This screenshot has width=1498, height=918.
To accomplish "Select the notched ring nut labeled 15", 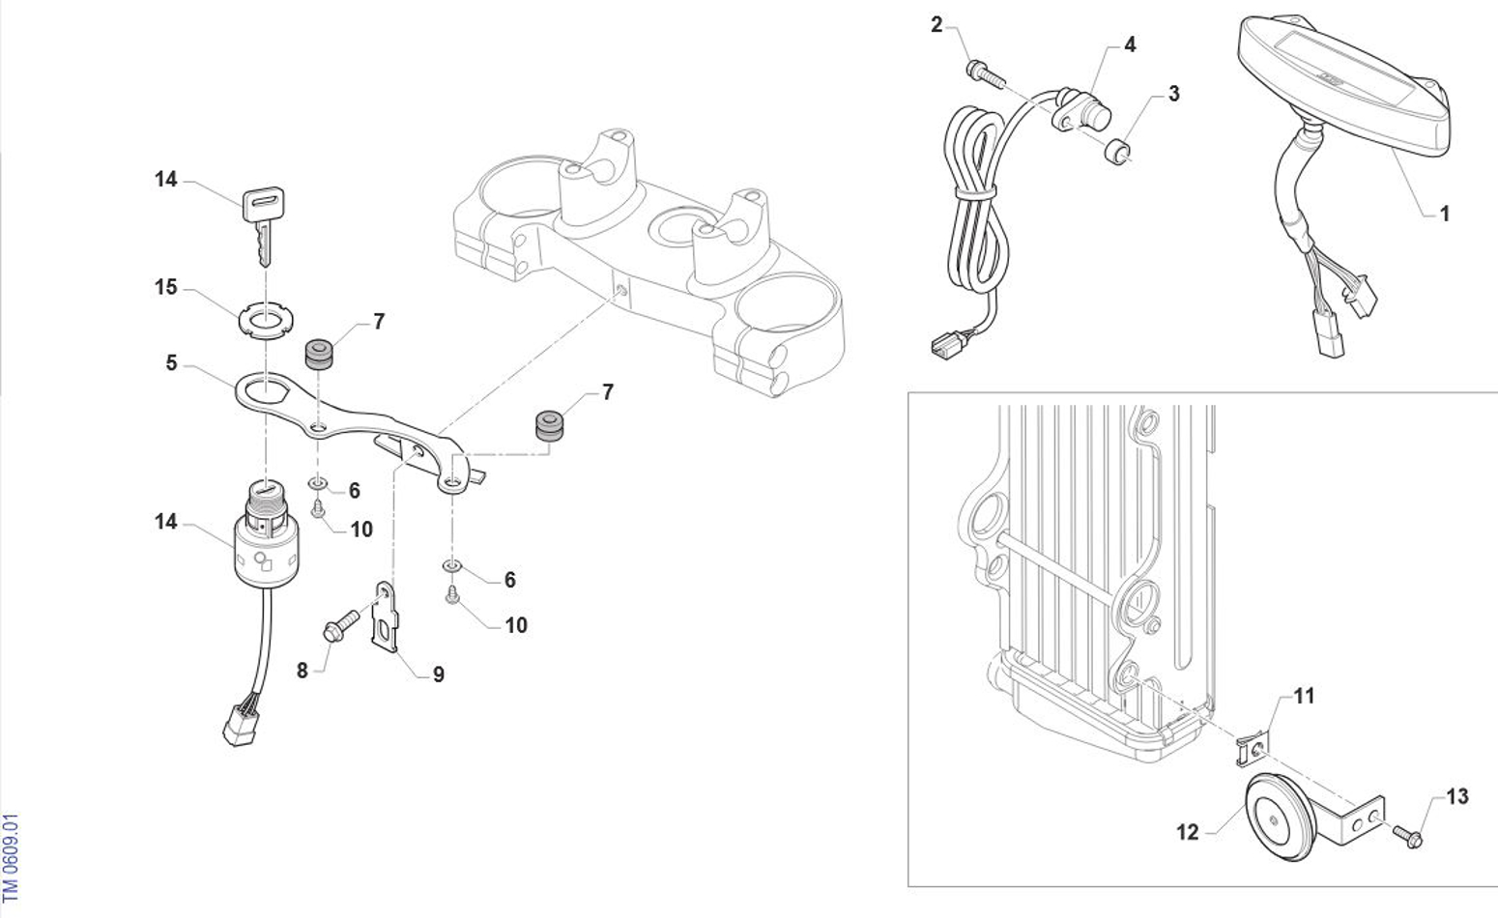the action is [x=267, y=318].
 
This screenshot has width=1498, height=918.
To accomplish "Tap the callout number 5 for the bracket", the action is [x=172, y=363].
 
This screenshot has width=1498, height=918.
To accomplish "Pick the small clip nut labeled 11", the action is [x=1252, y=749].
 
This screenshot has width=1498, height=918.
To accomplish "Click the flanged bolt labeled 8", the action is [x=341, y=625].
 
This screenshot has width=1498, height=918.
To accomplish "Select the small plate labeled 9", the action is [x=386, y=616].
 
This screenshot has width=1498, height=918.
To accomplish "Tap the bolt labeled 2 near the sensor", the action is [x=986, y=74].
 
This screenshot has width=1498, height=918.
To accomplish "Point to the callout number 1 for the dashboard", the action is [x=1445, y=214].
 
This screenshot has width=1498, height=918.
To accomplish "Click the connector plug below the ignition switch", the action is [x=241, y=726].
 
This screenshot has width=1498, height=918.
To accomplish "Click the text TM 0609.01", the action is [x=10, y=858].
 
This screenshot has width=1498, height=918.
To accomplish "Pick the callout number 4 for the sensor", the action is [x=1130, y=44].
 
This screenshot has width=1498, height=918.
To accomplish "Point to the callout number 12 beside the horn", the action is [x=1188, y=832].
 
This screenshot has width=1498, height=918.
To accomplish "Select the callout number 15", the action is [x=166, y=287].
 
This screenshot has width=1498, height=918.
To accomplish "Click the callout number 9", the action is [x=439, y=674].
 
